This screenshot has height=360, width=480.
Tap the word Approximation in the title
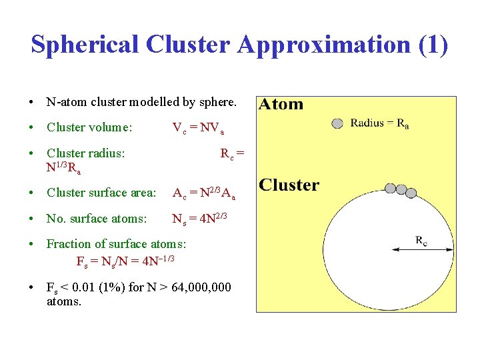pyautogui.click(x=326, y=45)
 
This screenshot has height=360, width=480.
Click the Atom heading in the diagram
pyautogui.click(x=281, y=104)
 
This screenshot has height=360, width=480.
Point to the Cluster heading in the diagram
pyautogui.click(x=289, y=185)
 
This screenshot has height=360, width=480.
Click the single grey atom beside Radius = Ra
pyautogui.click(x=338, y=123)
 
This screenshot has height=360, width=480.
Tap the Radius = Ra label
pyautogui.click(x=379, y=123)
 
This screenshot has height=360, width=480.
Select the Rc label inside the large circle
pyautogui.click(x=422, y=241)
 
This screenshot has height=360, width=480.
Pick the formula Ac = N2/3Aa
pyautogui.click(x=203, y=193)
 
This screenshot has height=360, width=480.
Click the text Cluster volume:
pyautogui.click(x=89, y=127)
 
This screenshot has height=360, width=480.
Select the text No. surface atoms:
pyautogui.click(x=97, y=218)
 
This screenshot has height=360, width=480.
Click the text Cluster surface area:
pyautogui.click(x=101, y=193)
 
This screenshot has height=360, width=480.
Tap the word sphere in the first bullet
pyautogui.click(x=217, y=103)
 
